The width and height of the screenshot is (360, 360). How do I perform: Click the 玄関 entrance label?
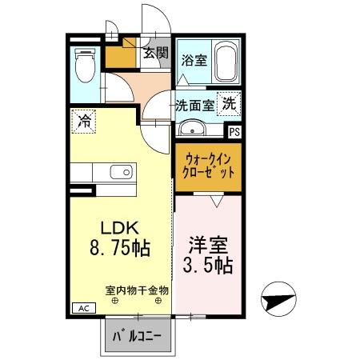155,54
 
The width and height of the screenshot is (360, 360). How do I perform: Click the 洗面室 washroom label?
194,105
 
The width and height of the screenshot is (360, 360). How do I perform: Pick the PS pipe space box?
234,133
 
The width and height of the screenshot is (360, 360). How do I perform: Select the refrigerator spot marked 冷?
84,122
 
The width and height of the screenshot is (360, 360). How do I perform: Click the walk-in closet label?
206,166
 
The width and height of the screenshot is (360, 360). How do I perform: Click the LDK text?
115,226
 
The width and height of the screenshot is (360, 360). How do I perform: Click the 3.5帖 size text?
207,265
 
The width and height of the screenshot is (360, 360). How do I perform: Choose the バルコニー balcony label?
136,335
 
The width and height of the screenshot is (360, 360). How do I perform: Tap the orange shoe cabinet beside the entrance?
121,56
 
